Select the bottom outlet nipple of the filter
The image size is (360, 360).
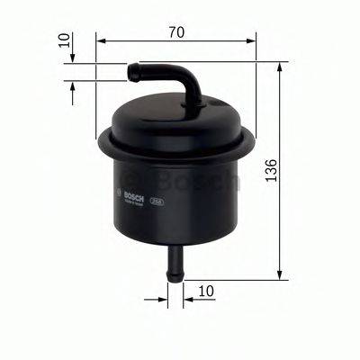pos(174,259)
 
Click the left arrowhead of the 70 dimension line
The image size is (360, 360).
pos(102,40)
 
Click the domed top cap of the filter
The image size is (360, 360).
pos(175,112)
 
